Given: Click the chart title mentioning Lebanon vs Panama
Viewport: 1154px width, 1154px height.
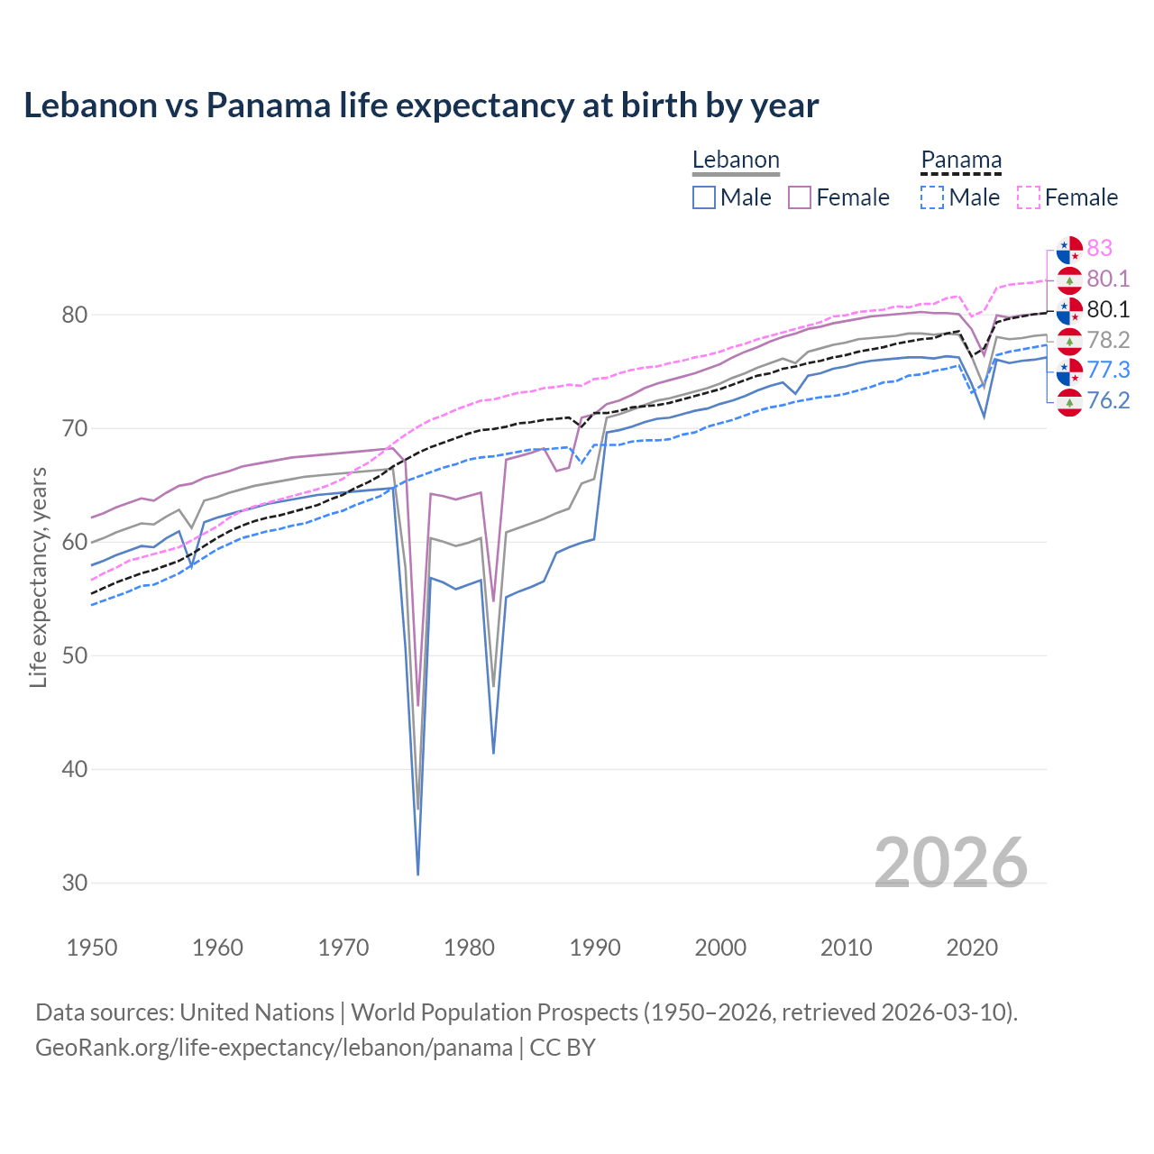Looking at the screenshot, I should (421, 105).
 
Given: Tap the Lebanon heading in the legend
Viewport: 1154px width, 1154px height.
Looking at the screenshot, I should (736, 160).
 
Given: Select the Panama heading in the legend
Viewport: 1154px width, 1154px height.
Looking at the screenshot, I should (961, 160).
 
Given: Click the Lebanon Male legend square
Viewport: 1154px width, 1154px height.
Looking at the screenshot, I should (704, 197).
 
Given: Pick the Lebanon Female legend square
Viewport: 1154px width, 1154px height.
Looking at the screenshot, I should (800, 197).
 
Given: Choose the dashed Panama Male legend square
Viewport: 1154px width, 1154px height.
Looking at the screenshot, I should (932, 197).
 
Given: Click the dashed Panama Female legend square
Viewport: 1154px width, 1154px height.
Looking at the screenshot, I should (1029, 197).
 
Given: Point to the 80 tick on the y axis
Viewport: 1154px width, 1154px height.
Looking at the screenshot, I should (75, 315).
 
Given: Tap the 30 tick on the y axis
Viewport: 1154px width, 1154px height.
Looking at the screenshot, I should (75, 883).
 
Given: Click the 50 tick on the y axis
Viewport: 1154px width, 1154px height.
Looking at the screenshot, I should (75, 655).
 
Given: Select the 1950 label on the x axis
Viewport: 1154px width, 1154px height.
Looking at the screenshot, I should (92, 948).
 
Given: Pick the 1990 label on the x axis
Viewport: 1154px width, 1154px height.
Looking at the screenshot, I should (595, 948).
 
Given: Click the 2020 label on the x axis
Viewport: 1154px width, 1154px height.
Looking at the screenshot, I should (972, 948).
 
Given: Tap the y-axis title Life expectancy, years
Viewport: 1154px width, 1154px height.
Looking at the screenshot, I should (38, 577).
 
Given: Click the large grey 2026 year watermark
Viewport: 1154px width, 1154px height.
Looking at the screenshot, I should (951, 863).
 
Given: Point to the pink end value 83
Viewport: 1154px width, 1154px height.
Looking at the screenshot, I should (1100, 248).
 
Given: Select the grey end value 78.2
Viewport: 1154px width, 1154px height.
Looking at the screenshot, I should (1108, 340).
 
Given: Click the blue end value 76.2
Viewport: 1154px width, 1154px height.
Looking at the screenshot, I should (1108, 400).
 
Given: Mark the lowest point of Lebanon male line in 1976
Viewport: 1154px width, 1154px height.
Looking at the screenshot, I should (418, 874).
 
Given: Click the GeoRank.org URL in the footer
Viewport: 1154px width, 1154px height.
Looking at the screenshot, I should (274, 1048).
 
